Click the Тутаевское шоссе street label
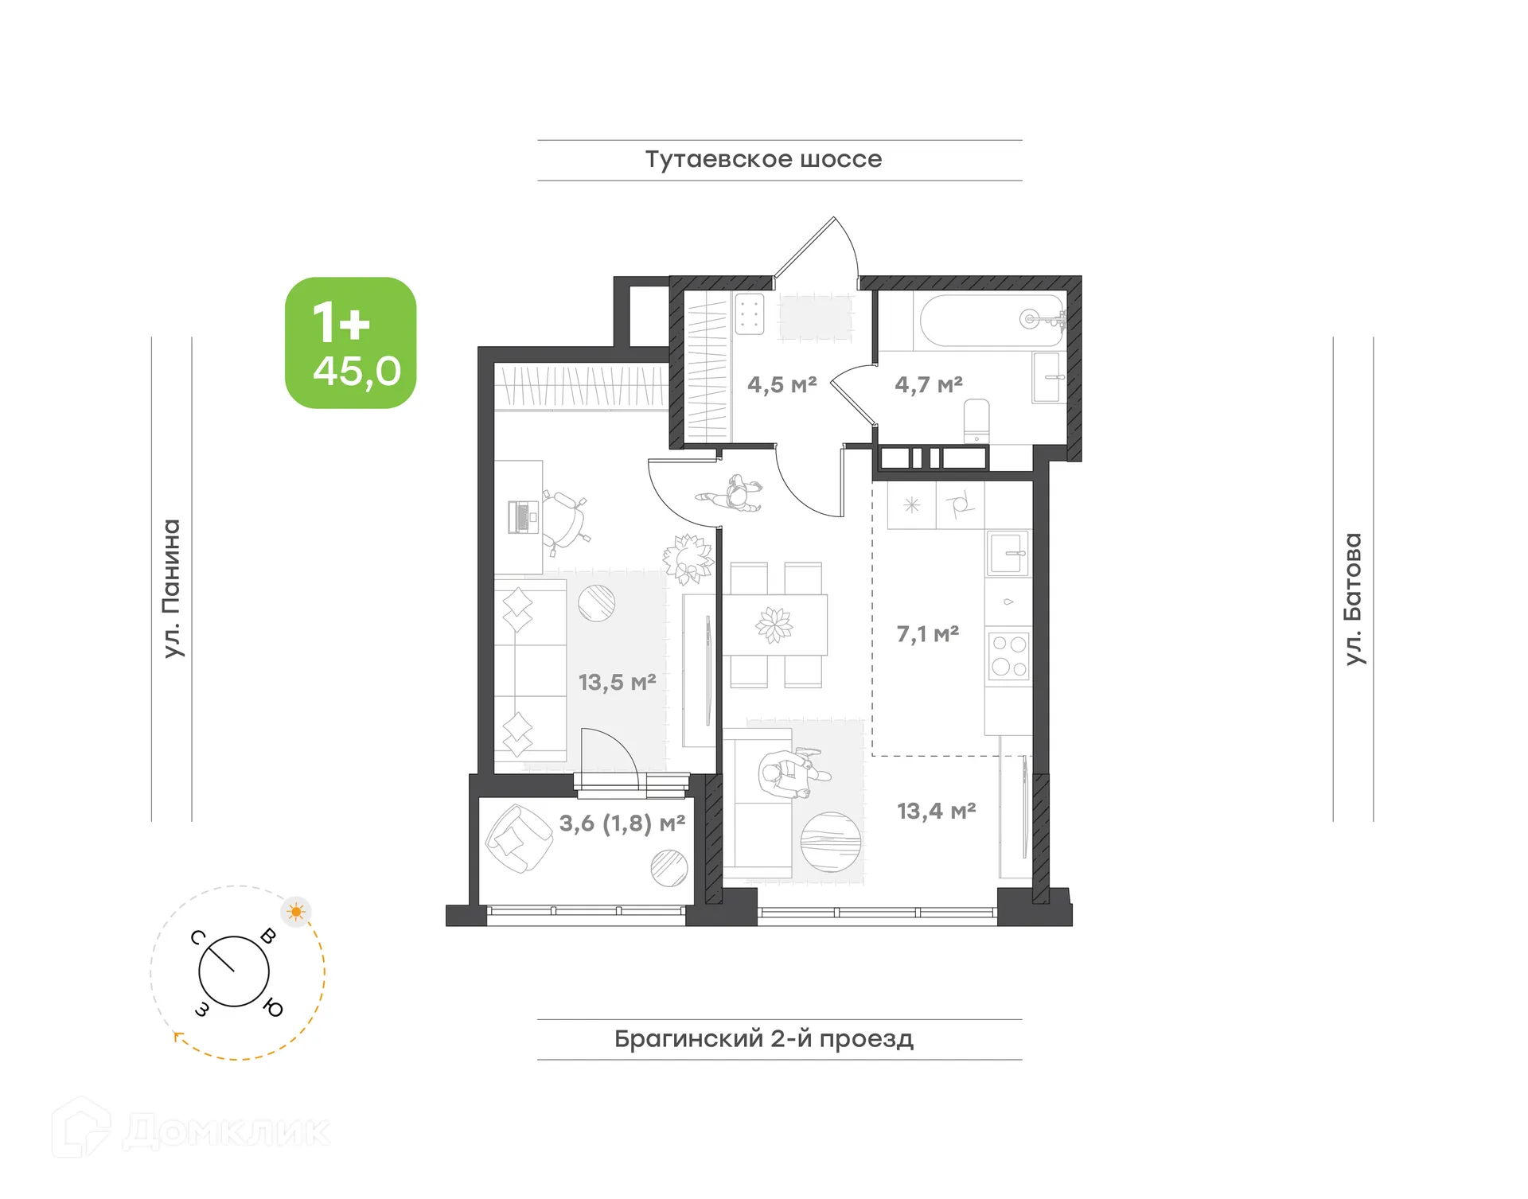click(x=763, y=159)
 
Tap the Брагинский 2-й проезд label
click(x=763, y=1039)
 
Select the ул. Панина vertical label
click(x=172, y=588)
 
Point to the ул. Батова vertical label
click(x=1353, y=598)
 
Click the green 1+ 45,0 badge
click(x=351, y=343)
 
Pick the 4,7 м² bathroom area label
click(x=928, y=385)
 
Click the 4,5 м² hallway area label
click(x=782, y=385)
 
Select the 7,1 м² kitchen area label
click(x=927, y=634)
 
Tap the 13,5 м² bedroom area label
click(x=617, y=683)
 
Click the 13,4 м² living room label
click(x=936, y=812)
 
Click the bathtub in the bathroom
click(x=991, y=320)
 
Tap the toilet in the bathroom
click(x=976, y=420)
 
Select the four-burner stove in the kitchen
click(x=1009, y=656)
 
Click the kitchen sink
click(x=1008, y=553)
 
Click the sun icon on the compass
click(x=296, y=912)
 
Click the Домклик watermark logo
click(x=191, y=1131)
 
